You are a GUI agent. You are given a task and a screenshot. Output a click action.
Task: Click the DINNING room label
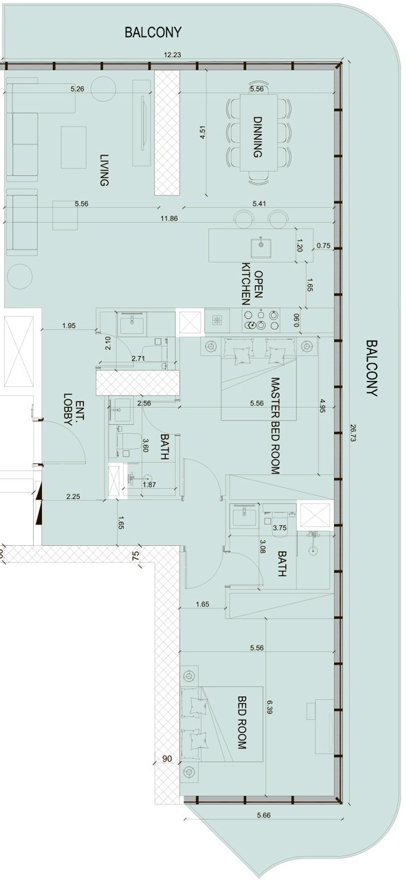tap(257, 137)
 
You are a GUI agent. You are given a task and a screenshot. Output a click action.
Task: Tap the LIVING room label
tap(104, 170)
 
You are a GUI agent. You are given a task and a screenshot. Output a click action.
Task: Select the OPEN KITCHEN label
tap(252, 284)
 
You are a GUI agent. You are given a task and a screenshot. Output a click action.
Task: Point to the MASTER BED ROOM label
tap(275, 426)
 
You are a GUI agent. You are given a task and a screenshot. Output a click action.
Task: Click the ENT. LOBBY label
tap(74, 409)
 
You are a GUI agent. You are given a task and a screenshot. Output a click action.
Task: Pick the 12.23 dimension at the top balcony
tap(173, 55)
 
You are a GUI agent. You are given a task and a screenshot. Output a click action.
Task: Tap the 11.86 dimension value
tap(169, 219)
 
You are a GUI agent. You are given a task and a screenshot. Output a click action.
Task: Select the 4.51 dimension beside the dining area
tap(203, 133)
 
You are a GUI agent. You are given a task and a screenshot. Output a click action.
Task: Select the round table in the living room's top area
tap(104, 89)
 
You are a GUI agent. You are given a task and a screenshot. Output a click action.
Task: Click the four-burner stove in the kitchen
tap(262, 320)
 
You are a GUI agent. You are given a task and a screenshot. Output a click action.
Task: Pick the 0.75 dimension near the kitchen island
tap(323, 245)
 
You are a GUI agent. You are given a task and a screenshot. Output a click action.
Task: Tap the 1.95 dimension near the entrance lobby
tap(69, 325)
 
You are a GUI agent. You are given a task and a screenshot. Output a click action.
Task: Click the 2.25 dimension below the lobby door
tap(73, 496)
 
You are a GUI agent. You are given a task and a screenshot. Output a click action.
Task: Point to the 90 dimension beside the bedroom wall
tap(167, 758)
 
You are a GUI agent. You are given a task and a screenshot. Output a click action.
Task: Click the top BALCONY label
tap(153, 32)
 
